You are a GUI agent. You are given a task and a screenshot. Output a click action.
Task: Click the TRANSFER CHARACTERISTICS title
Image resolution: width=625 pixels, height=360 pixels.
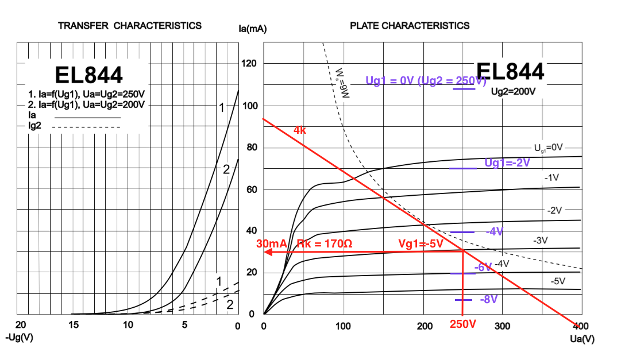coord(130,26)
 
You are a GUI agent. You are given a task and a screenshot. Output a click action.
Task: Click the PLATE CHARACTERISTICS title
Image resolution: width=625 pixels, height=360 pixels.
coord(410,26)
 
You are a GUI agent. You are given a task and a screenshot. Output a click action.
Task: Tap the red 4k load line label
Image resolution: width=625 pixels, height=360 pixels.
coord(300,130)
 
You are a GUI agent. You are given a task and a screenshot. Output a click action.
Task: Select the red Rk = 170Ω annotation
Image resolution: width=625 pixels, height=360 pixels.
coord(324,244)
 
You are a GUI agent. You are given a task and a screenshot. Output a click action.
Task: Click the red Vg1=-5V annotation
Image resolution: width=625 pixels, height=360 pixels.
coord(421,244)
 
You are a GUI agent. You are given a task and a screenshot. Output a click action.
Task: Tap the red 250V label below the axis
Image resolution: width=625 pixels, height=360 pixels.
coord(464,324)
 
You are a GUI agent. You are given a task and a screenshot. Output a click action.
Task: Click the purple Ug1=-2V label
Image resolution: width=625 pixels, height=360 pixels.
coord(507,163)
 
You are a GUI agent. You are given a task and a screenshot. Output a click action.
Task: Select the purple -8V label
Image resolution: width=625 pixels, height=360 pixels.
coord(489,300)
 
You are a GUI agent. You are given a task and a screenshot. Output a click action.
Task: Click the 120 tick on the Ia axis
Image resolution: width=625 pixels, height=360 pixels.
coord(250,64)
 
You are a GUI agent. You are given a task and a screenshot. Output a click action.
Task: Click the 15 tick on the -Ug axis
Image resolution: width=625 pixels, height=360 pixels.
coord(74,326)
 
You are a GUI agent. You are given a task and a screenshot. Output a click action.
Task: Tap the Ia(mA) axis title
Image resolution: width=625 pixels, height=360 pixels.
coord(253,29)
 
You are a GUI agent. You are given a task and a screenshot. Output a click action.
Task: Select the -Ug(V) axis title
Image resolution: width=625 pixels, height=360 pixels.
coord(19,338)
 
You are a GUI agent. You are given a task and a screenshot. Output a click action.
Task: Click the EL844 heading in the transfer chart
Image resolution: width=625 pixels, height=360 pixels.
coord(88,75)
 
